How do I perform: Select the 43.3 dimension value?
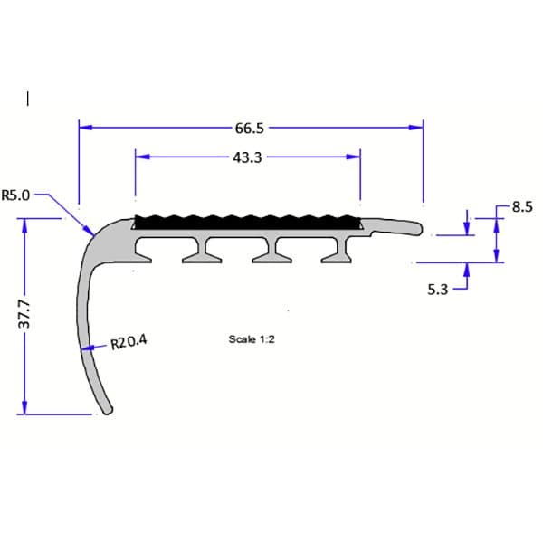click(247, 157)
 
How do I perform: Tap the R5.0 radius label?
click(17, 195)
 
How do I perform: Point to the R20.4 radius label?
click(128, 343)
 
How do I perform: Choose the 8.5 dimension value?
click(522, 207)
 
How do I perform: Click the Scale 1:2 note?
click(252, 340)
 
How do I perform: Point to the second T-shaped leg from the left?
click(204, 252)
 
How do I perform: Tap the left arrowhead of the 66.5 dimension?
click(84, 129)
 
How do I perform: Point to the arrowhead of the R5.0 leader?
click(92, 233)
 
